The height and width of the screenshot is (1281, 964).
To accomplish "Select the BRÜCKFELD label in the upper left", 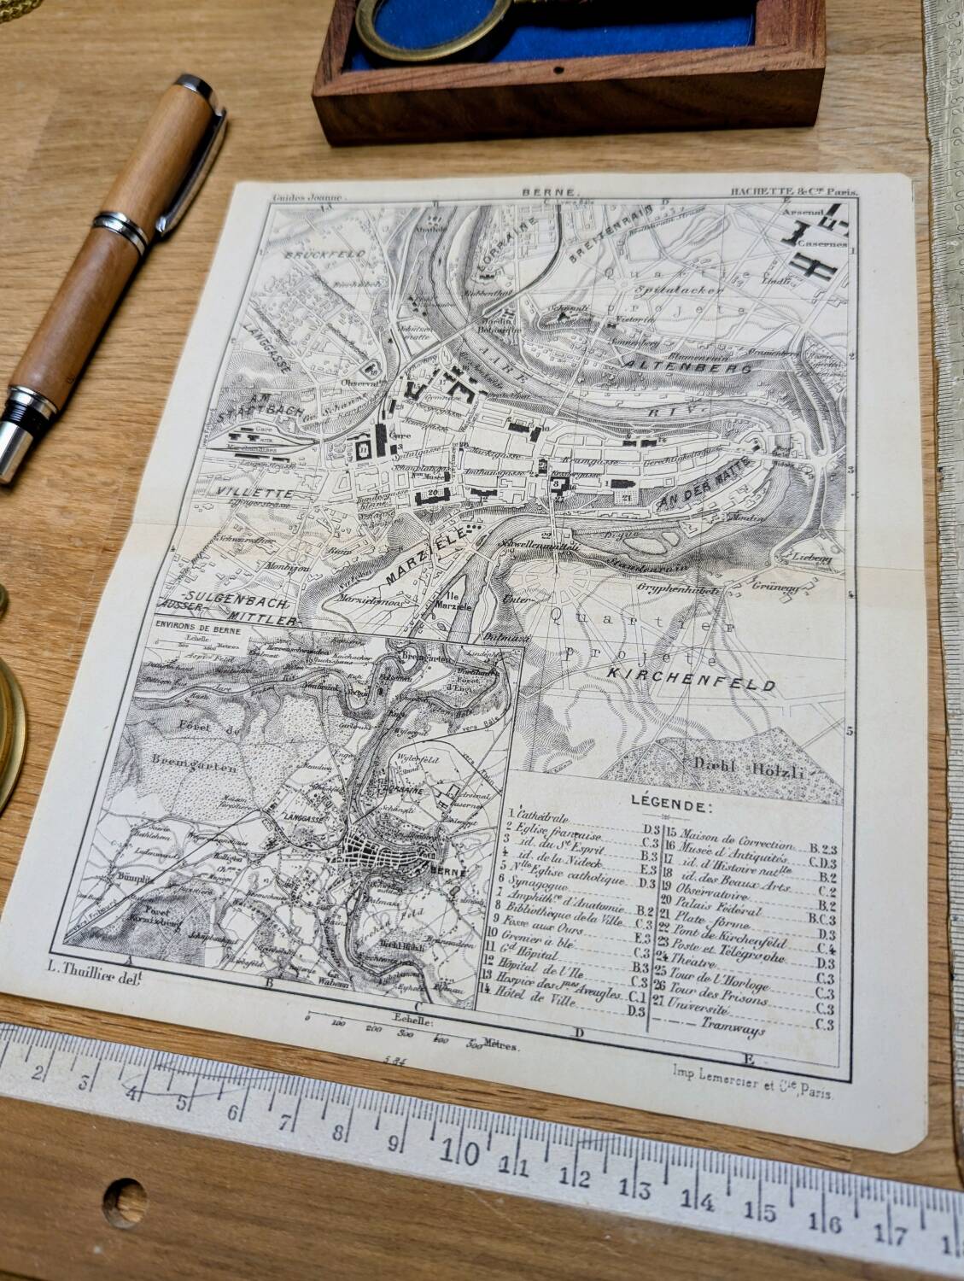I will (x=325, y=254).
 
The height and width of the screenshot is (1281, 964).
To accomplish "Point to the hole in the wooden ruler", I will (x=125, y=1196).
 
